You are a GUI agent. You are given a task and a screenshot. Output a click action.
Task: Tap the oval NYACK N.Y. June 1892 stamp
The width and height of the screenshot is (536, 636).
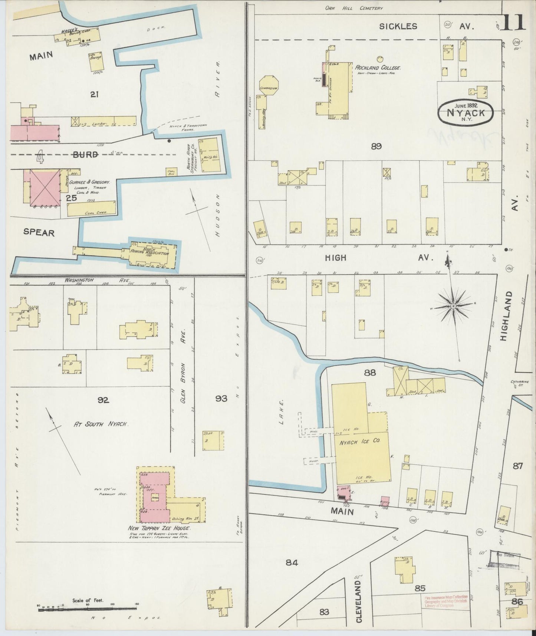466,111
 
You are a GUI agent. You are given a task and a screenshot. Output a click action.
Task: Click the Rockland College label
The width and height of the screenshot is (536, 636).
378,68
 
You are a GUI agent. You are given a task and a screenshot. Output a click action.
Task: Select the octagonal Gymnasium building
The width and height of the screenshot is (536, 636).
269,85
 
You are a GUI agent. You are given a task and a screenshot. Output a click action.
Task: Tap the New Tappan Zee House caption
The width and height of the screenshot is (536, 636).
160,528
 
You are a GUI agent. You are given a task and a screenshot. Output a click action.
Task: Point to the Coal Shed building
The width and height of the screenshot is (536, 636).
91,209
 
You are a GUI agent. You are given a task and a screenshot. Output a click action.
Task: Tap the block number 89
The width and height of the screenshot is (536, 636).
376,147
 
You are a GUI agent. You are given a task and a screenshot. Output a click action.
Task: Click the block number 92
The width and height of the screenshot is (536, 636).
103,400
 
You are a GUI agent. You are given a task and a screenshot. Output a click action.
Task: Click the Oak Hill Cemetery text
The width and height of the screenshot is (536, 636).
354,8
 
